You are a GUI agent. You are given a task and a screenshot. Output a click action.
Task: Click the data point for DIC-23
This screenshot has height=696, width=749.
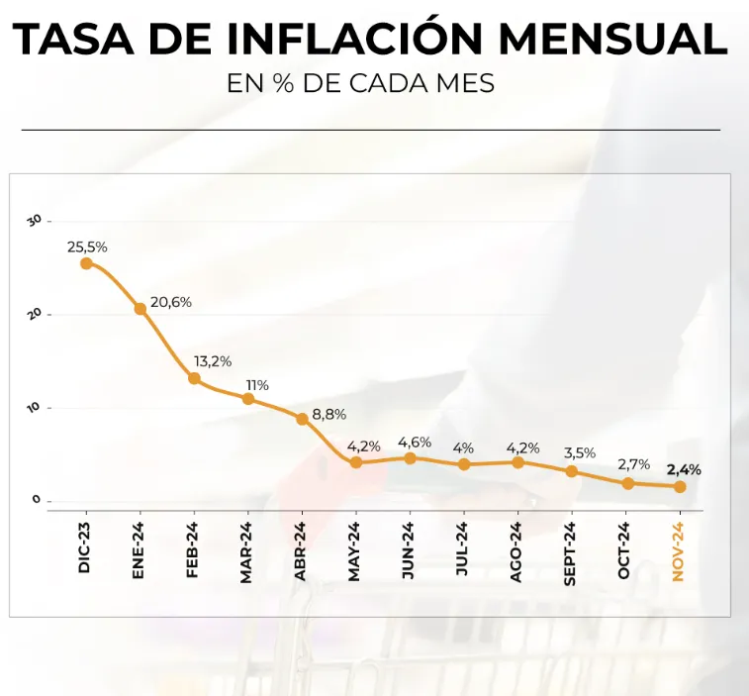click(86, 263)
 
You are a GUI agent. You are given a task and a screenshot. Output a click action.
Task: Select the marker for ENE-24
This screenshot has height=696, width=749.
click(140, 309)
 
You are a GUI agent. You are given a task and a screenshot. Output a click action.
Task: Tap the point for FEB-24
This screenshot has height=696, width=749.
click(194, 378)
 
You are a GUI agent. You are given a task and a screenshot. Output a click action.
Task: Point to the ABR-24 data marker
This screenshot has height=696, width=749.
click(302, 419)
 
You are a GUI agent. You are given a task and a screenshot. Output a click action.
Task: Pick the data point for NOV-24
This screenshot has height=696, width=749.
click(680, 486)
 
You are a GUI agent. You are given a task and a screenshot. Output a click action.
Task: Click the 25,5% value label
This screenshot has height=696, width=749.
click(87, 247)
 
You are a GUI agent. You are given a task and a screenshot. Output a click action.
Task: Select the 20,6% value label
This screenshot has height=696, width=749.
click(171, 302)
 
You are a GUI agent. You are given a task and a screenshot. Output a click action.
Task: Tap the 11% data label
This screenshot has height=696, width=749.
click(257, 384)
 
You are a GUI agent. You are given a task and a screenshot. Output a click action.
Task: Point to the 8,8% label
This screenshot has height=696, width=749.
click(329, 415)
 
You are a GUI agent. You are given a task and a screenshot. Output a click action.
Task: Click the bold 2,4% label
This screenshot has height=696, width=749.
click(684, 469)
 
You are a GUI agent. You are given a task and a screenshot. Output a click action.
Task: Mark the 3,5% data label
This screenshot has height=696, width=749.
click(579, 452)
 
